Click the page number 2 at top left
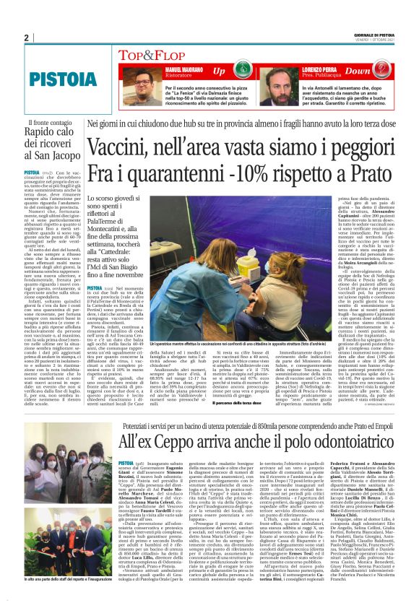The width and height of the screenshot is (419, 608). [26, 38]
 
